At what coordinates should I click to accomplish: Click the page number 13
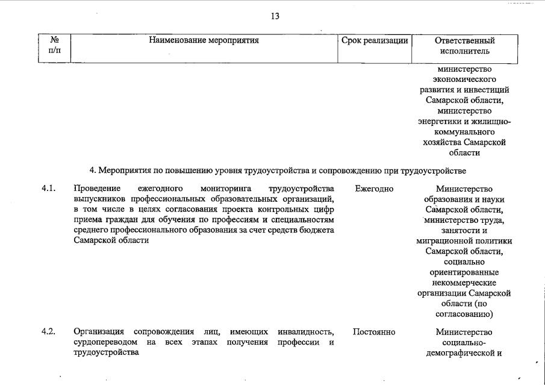point(275,16)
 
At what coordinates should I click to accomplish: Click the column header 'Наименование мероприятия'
point(204,41)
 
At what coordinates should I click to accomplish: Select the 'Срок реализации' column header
point(375,41)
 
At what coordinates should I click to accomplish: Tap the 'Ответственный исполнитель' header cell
point(464,46)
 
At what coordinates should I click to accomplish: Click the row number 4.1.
point(49,189)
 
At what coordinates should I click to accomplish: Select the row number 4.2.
point(49,332)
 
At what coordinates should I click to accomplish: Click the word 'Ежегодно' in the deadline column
point(374,189)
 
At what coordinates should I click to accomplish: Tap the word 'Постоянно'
point(374,332)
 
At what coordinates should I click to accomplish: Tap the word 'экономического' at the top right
point(464,79)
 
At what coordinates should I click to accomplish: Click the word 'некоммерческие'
point(464,282)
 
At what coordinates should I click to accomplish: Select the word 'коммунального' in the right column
point(464,131)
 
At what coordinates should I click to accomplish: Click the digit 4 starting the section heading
point(92,170)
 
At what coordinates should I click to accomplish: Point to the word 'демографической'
point(460,353)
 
